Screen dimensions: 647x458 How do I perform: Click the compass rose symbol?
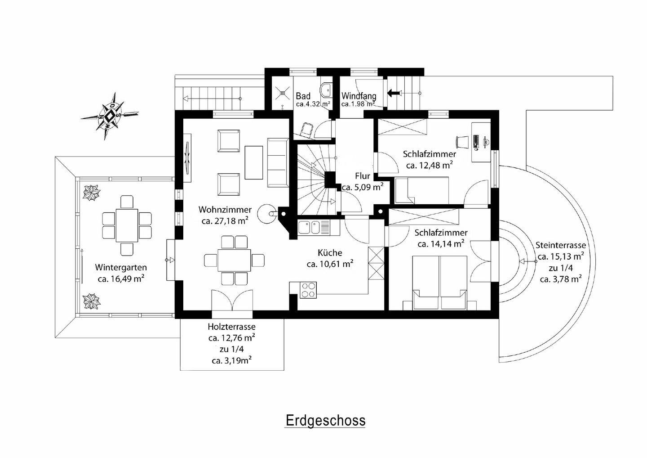(x=110, y=116)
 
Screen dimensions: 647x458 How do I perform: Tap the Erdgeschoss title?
(x=325, y=421)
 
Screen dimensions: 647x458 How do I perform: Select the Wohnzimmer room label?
(x=225, y=209)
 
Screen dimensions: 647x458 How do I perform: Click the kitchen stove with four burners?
(x=308, y=290)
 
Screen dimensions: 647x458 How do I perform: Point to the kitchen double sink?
(x=309, y=227)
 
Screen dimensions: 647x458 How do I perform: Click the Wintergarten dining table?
(x=127, y=225)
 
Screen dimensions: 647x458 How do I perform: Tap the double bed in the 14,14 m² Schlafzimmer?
(x=439, y=283)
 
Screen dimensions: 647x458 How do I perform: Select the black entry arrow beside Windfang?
(x=394, y=93)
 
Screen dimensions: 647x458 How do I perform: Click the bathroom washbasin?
(x=326, y=90)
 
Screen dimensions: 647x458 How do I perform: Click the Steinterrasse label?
(x=561, y=245)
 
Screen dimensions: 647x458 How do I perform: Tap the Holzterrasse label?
(x=232, y=327)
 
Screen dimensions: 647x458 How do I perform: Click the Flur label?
(x=363, y=176)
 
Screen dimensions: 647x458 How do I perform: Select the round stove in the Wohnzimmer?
(x=266, y=214)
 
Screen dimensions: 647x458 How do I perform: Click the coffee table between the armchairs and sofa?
(x=254, y=162)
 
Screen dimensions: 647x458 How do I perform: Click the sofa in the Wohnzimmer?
(x=278, y=163)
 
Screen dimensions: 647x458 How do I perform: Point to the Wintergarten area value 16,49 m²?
(x=121, y=279)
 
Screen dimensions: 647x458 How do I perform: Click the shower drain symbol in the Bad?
(x=282, y=93)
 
